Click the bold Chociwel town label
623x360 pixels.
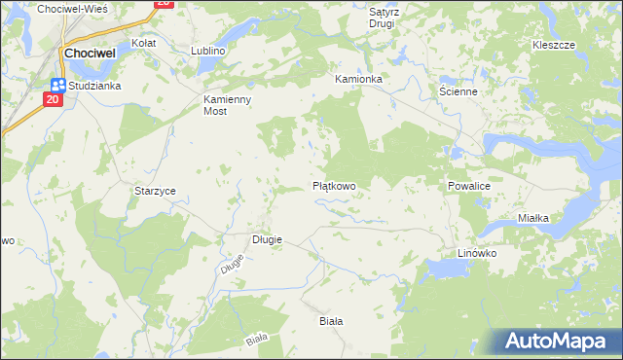[91, 54]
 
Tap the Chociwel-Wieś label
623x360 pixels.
[72, 8]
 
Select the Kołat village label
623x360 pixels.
[144, 44]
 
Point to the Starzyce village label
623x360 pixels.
[155, 191]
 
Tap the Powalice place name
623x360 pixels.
[474, 185]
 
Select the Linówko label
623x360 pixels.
[478, 253]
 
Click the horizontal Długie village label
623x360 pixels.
[267, 239]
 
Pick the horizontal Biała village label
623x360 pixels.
[332, 319]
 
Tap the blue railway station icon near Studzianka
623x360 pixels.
[57, 85]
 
